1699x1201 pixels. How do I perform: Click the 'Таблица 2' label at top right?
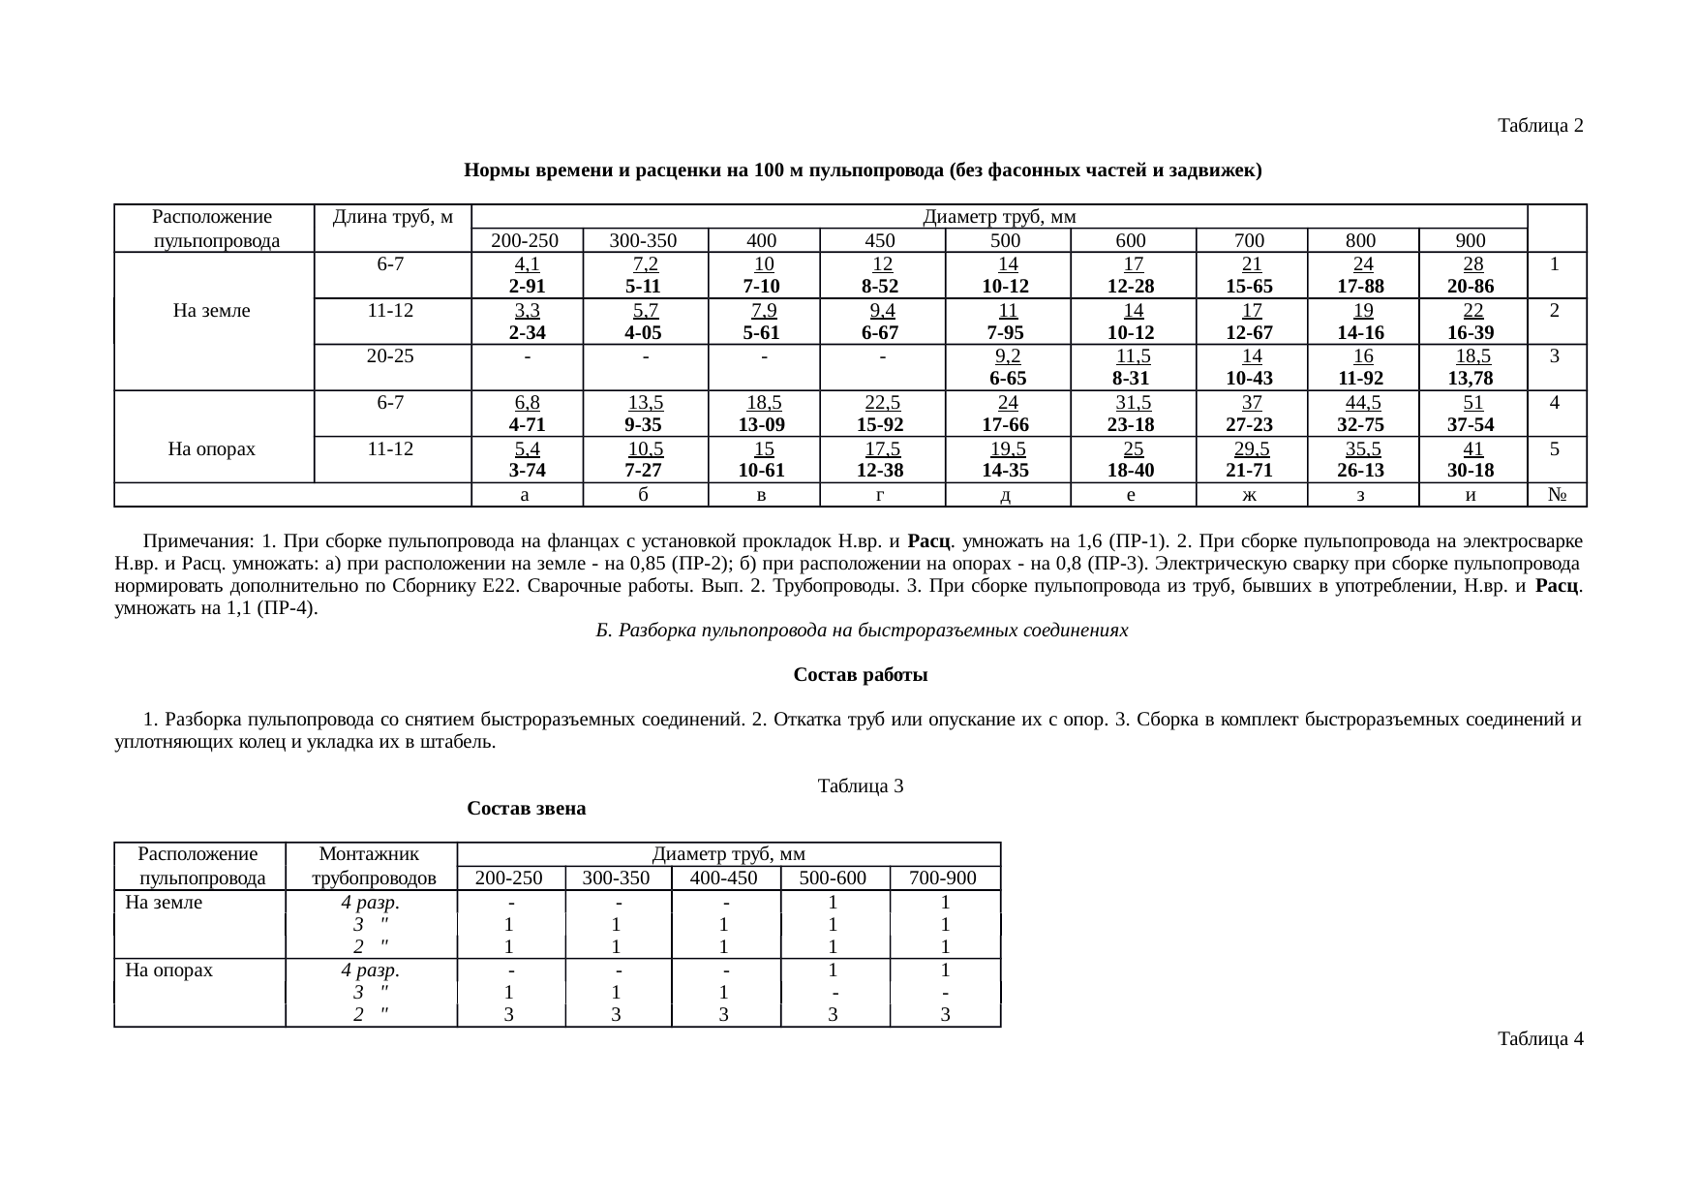[1540, 126]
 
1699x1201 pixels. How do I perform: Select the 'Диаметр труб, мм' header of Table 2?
[999, 216]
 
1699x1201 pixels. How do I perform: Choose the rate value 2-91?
[527, 287]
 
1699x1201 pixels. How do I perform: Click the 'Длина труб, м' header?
[392, 216]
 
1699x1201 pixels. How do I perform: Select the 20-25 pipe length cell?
[391, 355]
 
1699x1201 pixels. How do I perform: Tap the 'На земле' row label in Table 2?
[212, 310]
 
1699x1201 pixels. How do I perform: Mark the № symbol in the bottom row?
[1558, 495]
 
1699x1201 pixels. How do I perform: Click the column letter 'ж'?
[1251, 495]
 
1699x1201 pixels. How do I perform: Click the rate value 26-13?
[1361, 471]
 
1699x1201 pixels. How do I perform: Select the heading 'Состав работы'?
[861, 675]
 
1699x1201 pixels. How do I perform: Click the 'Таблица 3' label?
[861, 785]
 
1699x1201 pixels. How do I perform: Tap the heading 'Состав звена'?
[526, 808]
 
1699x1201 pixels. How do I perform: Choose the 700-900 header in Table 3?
[944, 878]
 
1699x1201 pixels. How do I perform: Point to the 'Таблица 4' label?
[1540, 1039]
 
